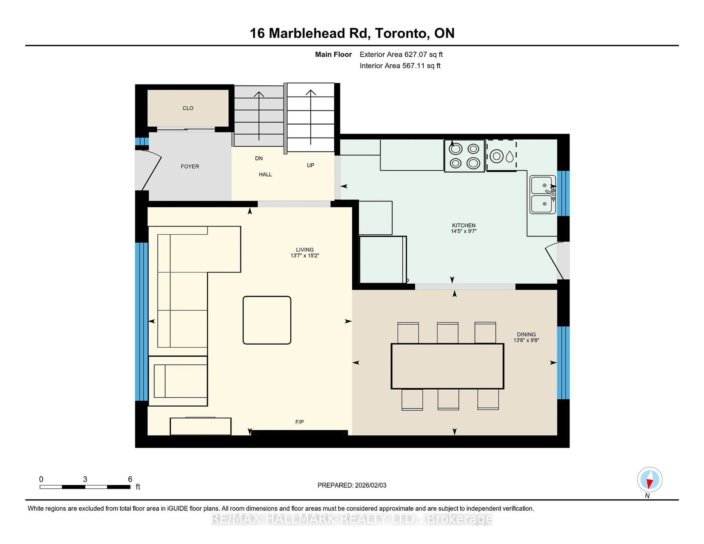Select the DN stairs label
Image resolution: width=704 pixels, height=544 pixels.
pyautogui.click(x=259, y=158)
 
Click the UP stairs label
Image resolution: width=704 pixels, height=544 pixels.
pyautogui.click(x=310, y=165)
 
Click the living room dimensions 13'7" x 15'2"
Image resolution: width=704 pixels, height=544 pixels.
pyautogui.click(x=305, y=256)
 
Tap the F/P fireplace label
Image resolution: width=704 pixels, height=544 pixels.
pyautogui.click(x=299, y=422)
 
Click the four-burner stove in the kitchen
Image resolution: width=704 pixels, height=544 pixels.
pyautogui.click(x=464, y=156)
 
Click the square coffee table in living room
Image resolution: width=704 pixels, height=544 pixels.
pyautogui.click(x=267, y=320)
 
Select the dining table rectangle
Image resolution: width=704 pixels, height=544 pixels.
pyautogui.click(x=447, y=366)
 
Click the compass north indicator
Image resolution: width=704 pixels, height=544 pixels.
pyautogui.click(x=650, y=479)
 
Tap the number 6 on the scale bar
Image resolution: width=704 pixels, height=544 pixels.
pyautogui.click(x=130, y=479)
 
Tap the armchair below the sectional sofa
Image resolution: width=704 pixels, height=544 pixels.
pyautogui.click(x=178, y=381)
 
